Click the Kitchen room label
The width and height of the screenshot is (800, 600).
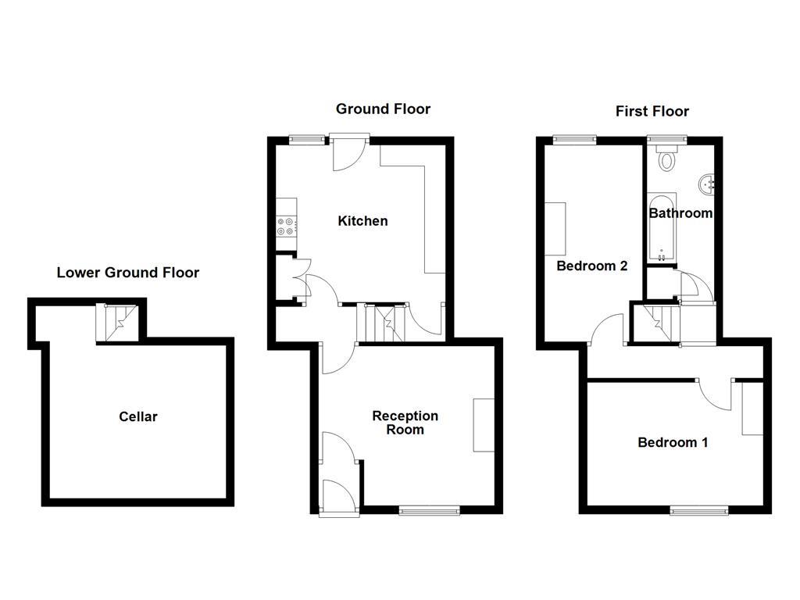point(362,221)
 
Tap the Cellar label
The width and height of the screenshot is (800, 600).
point(137,417)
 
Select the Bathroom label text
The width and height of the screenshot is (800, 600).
point(680,213)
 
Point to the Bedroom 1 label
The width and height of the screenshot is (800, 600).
point(673,442)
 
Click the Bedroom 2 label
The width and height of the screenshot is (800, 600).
point(592,266)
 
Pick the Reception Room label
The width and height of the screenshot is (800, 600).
point(405,423)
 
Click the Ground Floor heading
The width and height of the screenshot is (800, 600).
point(383,109)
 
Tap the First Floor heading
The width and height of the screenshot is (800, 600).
point(652,111)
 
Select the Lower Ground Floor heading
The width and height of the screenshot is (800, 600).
point(127,273)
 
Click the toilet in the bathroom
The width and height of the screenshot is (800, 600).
point(666,158)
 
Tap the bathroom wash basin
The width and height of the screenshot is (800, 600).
point(706,184)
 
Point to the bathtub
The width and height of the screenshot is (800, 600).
point(662,227)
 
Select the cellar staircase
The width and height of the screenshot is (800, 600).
point(117,323)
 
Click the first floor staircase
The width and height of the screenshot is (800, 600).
point(662,323)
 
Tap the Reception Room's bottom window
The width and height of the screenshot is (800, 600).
point(429,509)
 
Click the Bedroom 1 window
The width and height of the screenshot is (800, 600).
point(699,509)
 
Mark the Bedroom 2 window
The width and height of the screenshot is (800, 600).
point(575,139)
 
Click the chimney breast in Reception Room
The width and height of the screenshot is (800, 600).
point(484,425)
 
